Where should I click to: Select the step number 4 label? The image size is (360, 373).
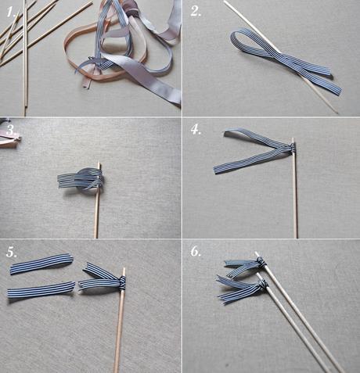196,130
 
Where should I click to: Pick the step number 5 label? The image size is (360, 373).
11,253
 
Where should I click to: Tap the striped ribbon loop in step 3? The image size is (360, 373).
80,179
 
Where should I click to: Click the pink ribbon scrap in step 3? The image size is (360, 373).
9,141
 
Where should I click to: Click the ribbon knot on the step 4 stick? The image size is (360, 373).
291,148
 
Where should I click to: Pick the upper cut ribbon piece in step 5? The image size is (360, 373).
41,264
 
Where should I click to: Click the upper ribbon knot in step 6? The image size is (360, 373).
259,263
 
